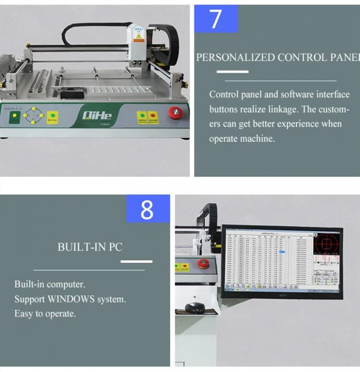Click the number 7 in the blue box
(216, 19)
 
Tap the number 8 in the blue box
(147, 209)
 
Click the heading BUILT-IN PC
(90, 247)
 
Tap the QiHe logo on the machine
(97, 116)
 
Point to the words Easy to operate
(45, 313)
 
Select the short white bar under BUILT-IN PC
(136, 261)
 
